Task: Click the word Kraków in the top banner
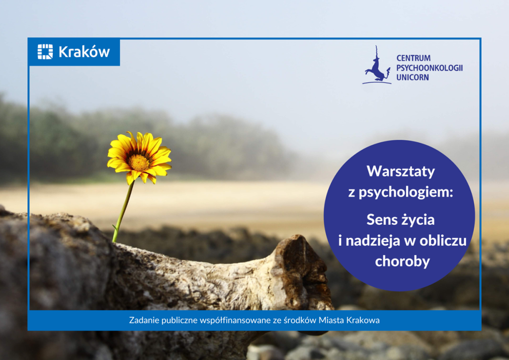84,52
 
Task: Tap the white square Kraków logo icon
45,52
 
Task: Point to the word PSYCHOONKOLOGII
429,68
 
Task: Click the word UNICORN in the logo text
413,77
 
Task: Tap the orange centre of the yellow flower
139,163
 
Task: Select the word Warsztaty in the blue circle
401,171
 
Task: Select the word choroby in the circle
403,262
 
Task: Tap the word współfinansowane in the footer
235,320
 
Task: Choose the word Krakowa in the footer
363,320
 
